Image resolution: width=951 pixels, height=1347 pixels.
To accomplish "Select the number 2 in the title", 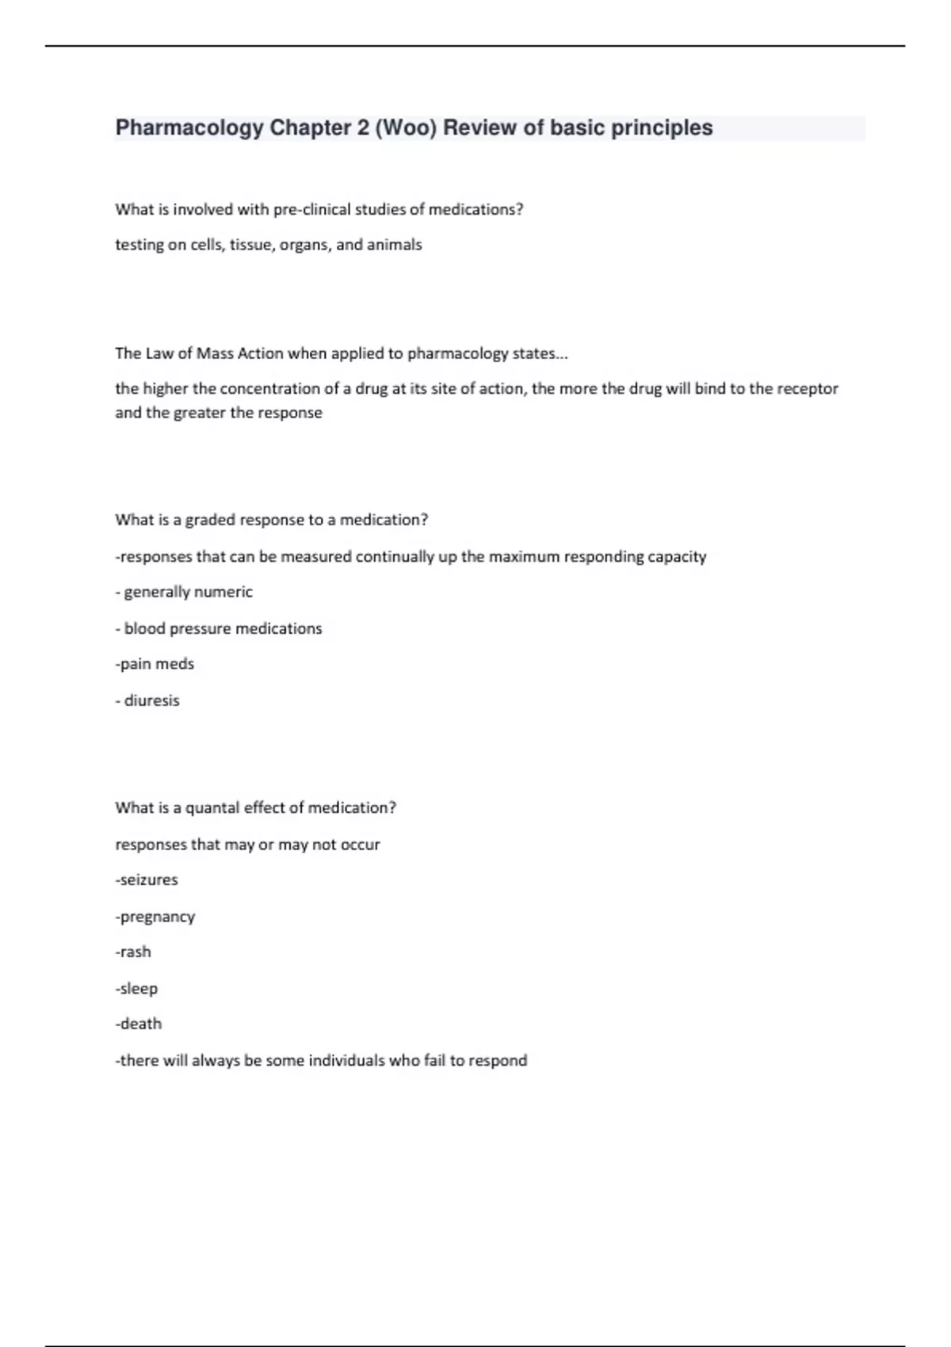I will click(x=363, y=128).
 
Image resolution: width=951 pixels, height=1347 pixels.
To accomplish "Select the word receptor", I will click(x=808, y=389).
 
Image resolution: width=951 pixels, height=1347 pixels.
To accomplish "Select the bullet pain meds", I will click(x=156, y=664).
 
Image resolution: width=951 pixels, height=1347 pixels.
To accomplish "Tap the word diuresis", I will click(x=152, y=700).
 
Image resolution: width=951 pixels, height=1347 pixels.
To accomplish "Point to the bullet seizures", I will click(x=148, y=880).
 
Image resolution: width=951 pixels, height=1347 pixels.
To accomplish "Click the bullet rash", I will click(x=135, y=952).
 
